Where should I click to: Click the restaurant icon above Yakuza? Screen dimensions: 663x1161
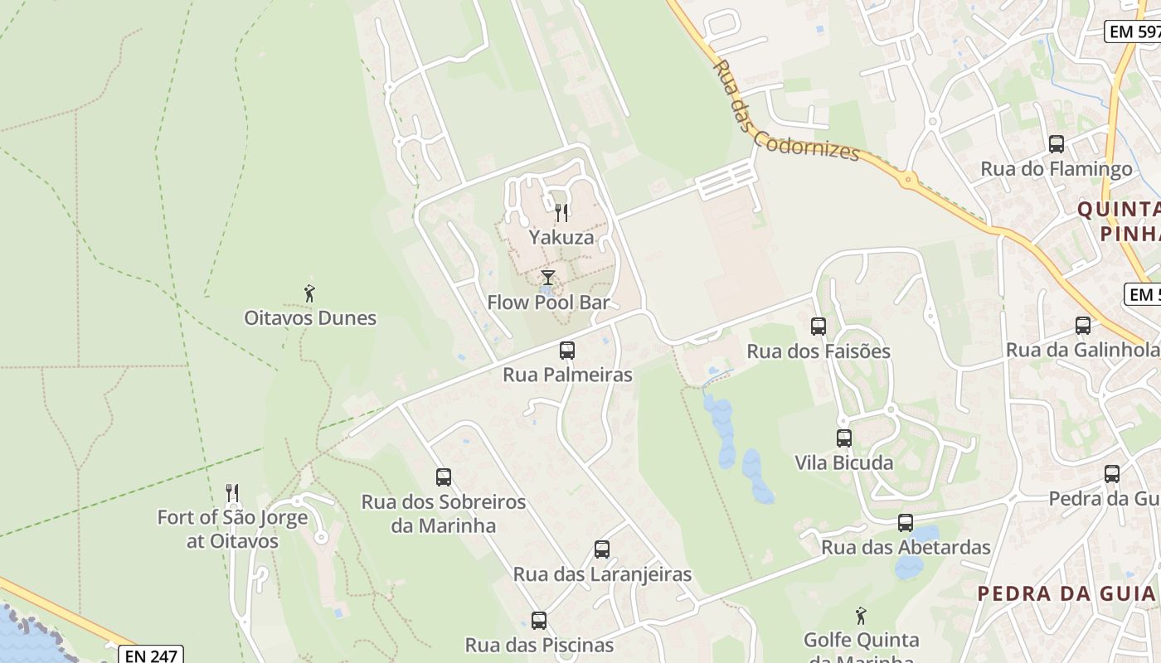point(561,213)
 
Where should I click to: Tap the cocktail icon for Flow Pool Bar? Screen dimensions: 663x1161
point(547,278)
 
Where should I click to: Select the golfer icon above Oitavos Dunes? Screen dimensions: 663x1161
point(309,293)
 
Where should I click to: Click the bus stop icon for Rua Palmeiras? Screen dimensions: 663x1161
point(567,351)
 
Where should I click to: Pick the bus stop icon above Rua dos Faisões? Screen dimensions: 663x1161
point(819,327)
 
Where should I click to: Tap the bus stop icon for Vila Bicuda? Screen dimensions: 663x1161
point(844,438)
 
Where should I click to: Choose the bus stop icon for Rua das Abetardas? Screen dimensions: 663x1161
point(906,523)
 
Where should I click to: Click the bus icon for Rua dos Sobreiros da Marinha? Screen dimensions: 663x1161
point(444,477)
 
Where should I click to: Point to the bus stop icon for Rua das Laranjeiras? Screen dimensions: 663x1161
point(602,549)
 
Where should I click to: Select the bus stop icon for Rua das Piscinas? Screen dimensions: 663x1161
point(539,621)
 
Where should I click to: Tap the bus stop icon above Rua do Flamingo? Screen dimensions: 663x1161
point(1057,144)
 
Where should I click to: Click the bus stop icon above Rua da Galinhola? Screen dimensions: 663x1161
point(1083,326)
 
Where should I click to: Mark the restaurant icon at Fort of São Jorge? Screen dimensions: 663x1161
point(232,493)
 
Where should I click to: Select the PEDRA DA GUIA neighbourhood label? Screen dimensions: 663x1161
point(1066,593)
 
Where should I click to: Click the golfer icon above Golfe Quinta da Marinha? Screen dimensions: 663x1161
point(861,617)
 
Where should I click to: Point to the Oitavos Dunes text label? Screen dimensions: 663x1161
point(310,318)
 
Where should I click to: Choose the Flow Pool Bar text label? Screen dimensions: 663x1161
point(548,302)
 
